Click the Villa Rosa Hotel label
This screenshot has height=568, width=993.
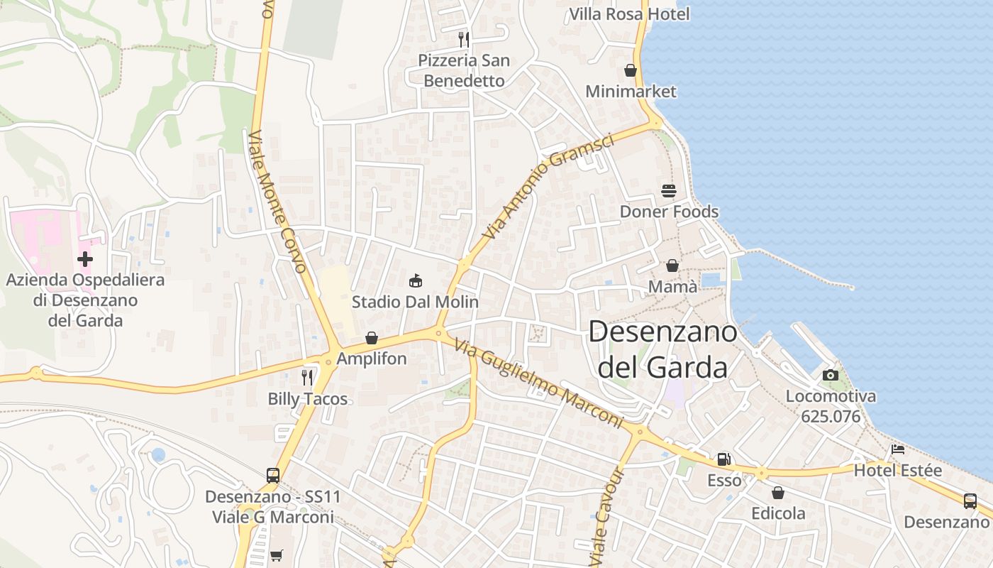(629, 13)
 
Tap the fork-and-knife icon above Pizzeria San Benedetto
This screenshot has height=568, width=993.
(464, 39)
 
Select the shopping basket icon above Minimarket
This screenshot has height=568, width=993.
(630, 70)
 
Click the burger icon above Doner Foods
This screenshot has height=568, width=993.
(669, 191)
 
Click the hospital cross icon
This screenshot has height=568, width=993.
(85, 259)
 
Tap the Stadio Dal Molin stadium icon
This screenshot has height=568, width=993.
(416, 281)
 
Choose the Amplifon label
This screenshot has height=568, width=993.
(372, 359)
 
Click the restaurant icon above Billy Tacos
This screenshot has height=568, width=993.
(307, 377)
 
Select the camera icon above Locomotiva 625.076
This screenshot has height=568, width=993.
(830, 375)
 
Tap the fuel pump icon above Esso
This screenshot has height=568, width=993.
(723, 459)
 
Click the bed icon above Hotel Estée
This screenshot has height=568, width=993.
(897, 449)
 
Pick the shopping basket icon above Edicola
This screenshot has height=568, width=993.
(778, 493)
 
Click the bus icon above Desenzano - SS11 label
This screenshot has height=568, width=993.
(273, 475)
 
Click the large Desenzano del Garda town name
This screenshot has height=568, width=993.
(662, 349)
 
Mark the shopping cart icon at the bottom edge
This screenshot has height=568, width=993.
(277, 555)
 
